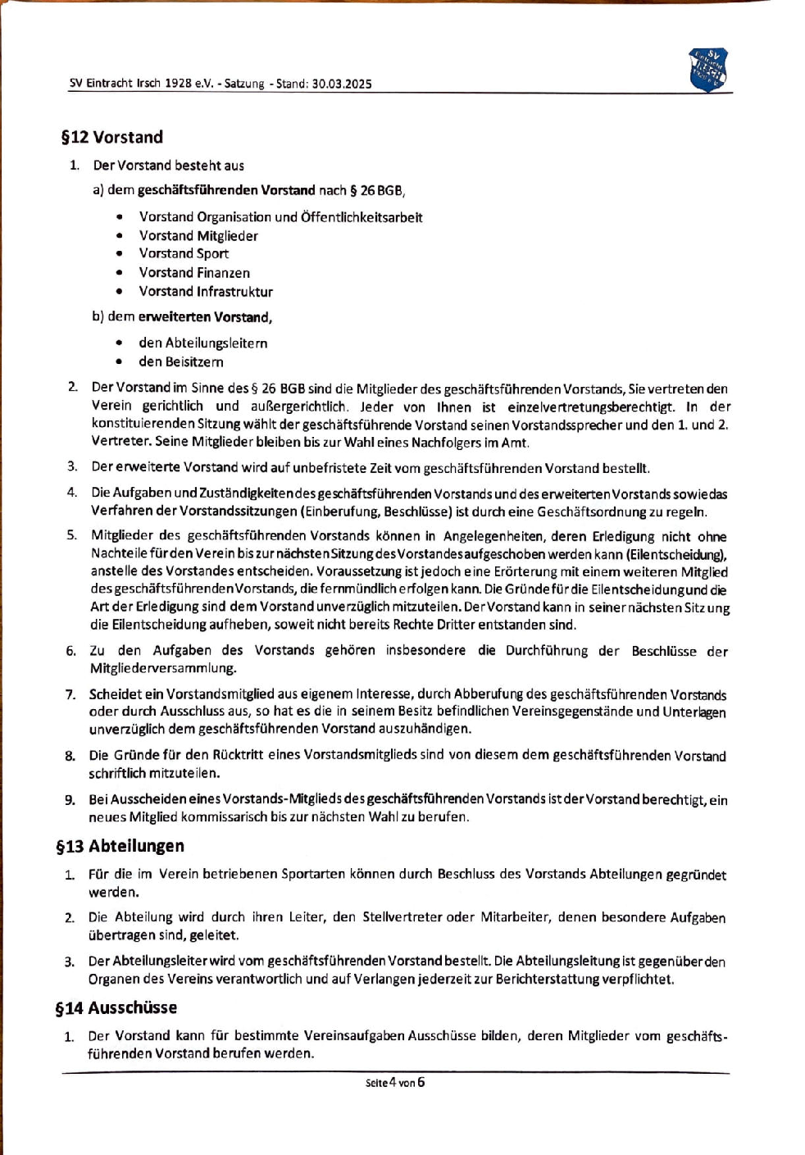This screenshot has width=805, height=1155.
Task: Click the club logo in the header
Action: pyautogui.click(x=708, y=69)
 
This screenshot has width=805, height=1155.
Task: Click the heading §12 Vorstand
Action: pyautogui.click(x=112, y=137)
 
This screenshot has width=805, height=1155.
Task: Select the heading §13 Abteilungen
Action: pyautogui.click(x=120, y=846)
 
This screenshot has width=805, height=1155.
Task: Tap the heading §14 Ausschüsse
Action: pyautogui.click(x=116, y=1007)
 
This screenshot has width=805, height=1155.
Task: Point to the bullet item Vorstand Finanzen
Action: pyautogui.click(x=194, y=272)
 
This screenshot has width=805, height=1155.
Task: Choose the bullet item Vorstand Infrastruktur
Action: pyautogui.click(x=206, y=291)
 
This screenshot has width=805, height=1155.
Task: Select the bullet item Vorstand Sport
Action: pyautogui.click(x=184, y=253)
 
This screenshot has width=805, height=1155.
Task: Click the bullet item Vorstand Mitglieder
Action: pyautogui.click(x=198, y=235)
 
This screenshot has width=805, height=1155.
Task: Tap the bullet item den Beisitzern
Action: pyautogui.click(x=181, y=362)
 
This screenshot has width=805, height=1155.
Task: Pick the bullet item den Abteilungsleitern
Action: pyautogui.click(x=203, y=343)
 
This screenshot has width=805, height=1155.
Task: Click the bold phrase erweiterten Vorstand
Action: pyautogui.click(x=204, y=316)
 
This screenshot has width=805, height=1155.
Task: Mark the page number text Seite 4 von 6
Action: pyautogui.click(x=395, y=1082)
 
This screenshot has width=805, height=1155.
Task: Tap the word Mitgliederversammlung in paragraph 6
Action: pyautogui.click(x=163, y=668)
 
